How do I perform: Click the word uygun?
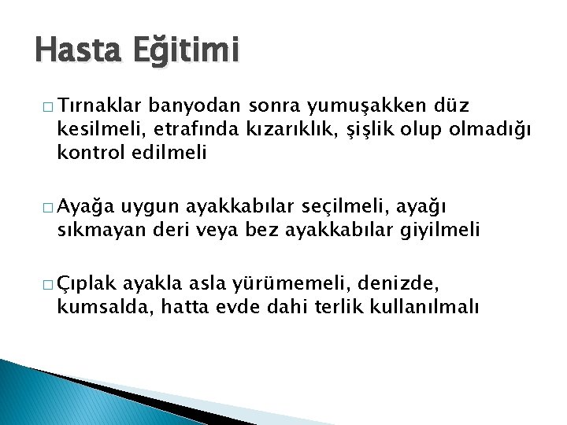(x=154, y=207)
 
